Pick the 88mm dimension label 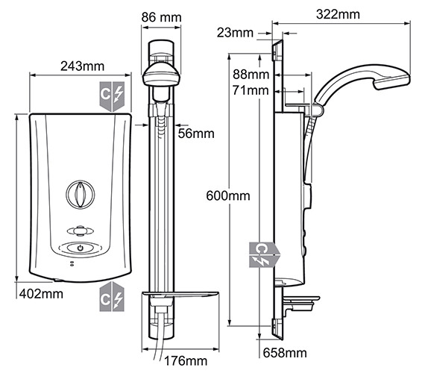(x=251, y=75)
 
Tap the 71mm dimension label (x=251, y=90)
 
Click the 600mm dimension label (x=229, y=195)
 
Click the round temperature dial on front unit (x=78, y=195)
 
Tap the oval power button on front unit (x=78, y=248)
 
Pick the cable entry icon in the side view (x=265, y=254)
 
